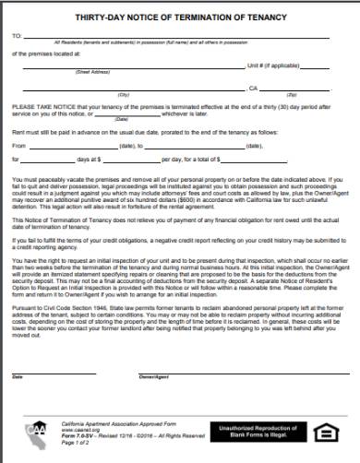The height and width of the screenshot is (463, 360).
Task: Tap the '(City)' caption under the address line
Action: click(x=98, y=94)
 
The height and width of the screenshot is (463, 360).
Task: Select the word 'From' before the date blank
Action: click(x=19, y=146)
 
